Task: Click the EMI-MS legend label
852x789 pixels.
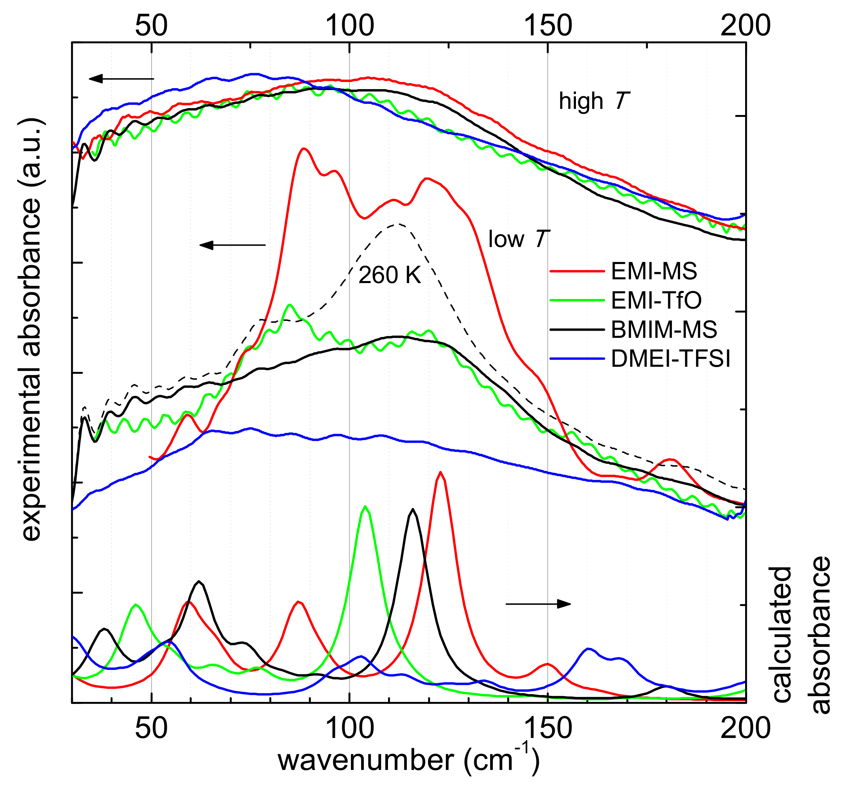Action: coord(654,272)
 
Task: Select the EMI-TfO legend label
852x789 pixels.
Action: coord(656,300)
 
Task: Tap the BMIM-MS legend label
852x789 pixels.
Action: coord(664,330)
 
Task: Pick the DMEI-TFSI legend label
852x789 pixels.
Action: coord(671,359)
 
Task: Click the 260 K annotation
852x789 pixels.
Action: coord(389,275)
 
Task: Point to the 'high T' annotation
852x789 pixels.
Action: coord(594,101)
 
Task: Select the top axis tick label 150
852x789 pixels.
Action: coord(547,25)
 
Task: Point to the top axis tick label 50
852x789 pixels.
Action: coord(151,25)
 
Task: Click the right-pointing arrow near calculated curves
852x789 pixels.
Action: coord(538,604)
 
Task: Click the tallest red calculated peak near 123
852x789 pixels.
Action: coord(440,473)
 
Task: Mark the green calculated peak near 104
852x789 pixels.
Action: coord(365,507)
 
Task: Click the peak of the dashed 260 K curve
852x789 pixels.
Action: coord(398,224)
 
